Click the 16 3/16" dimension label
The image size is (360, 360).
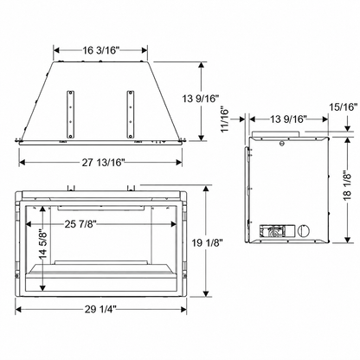click(x=101, y=50)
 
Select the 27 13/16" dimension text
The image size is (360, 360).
click(x=103, y=163)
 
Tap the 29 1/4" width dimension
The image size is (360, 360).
click(x=100, y=310)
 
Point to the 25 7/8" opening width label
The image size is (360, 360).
click(x=80, y=224)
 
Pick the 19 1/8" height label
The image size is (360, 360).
click(x=208, y=243)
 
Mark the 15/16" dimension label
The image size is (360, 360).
click(x=344, y=107)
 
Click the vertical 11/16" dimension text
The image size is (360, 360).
click(x=225, y=119)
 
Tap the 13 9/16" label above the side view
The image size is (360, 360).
click(x=287, y=119)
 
